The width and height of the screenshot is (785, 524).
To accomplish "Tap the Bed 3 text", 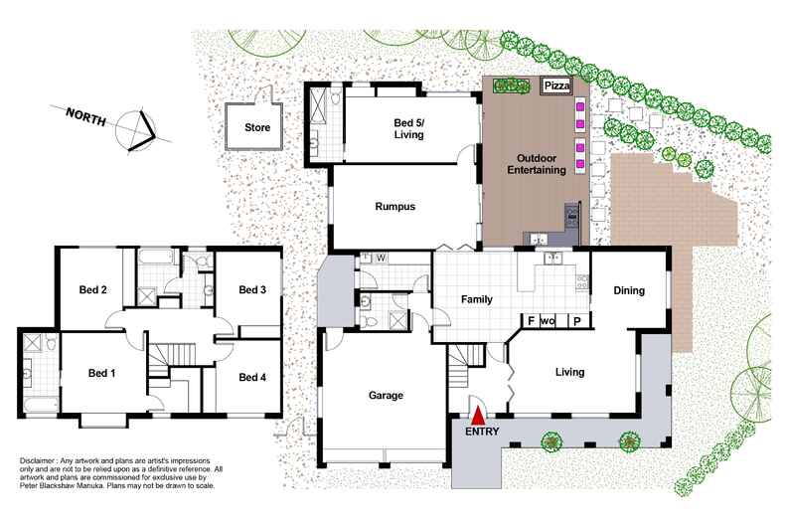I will [252, 290].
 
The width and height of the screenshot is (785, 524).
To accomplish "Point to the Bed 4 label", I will [252, 377].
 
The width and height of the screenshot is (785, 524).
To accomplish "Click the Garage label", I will [386, 396].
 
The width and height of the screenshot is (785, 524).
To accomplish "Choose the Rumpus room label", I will [394, 207].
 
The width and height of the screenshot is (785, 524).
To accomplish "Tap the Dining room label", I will [629, 291].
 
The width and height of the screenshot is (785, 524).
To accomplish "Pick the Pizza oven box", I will [554, 87].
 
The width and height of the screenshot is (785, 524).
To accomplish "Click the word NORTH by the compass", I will [88, 114].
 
